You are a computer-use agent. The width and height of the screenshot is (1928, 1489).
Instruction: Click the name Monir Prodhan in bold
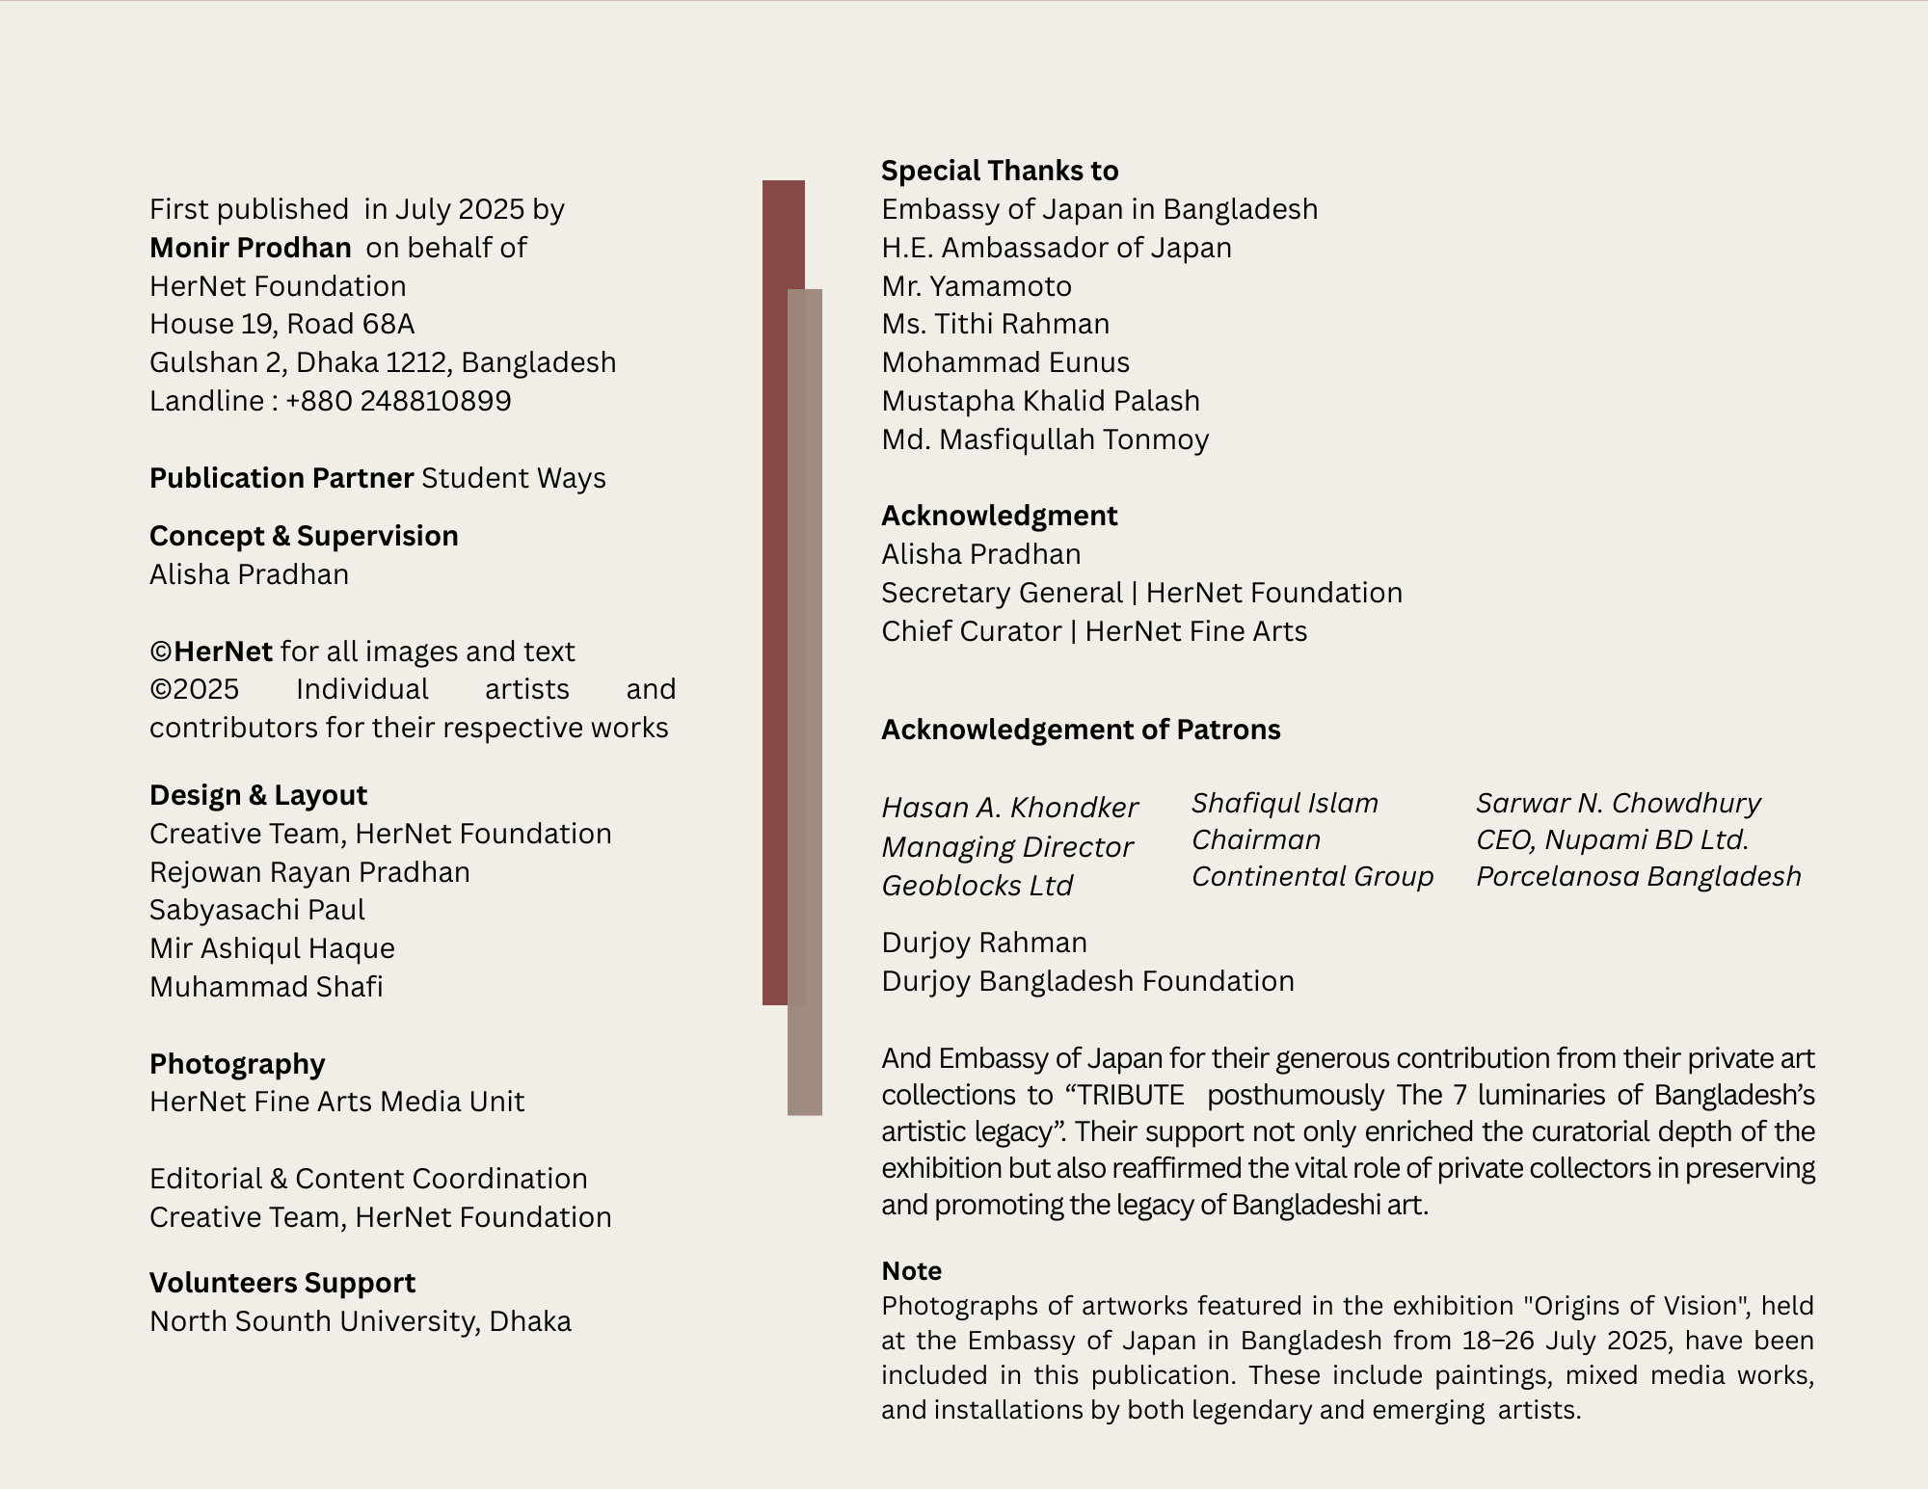click(250, 248)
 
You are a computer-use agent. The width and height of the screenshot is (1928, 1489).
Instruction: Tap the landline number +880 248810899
click(397, 401)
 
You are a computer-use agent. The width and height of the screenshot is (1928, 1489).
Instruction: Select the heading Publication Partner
click(281, 478)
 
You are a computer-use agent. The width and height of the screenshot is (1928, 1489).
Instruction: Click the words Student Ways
click(514, 478)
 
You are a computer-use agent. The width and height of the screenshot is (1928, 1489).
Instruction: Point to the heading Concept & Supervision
click(304, 536)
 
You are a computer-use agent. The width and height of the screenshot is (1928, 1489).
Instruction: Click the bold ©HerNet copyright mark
click(211, 651)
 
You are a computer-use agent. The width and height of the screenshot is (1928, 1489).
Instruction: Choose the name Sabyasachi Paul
click(257, 910)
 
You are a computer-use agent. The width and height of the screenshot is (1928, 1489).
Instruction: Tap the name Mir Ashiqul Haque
click(272, 948)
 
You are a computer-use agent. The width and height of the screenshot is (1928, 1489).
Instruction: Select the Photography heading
click(237, 1064)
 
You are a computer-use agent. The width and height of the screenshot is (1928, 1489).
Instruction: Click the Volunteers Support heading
click(282, 1283)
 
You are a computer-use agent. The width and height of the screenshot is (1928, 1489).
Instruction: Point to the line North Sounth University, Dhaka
click(361, 1321)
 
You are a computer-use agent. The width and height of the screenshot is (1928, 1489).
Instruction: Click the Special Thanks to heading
click(1000, 171)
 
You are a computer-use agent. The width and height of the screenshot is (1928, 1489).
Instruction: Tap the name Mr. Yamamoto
click(977, 286)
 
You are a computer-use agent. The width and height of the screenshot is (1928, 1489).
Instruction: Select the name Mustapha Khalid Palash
click(1040, 401)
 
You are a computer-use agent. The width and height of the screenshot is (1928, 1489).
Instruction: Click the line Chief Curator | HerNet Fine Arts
click(1094, 631)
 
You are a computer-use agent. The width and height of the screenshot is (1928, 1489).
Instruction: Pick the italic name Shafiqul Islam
click(1285, 803)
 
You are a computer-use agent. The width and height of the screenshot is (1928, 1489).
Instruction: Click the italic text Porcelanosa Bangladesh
click(1639, 876)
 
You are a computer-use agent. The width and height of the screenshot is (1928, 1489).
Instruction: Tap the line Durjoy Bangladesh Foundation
click(1087, 981)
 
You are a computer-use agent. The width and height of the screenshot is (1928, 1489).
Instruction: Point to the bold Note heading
click(911, 1271)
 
